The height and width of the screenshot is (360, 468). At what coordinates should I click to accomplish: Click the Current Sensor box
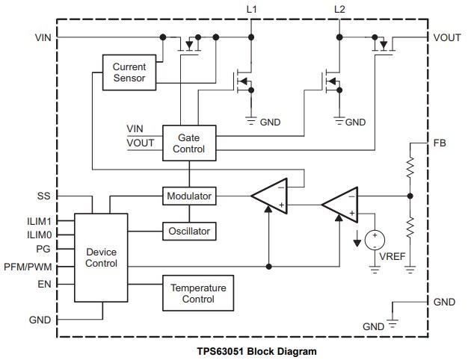pos(129,72)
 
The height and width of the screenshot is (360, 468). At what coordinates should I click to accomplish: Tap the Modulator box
pos(188,196)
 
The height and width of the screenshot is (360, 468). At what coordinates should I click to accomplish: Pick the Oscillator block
pos(188,231)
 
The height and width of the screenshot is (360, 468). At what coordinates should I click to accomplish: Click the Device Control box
pos(102,258)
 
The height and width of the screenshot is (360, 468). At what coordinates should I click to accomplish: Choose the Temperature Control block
pos(198,294)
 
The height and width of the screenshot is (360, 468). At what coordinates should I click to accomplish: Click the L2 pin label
pos(339,8)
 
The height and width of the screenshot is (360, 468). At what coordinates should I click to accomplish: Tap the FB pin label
pos(439,142)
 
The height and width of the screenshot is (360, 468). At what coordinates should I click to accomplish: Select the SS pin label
pos(43,196)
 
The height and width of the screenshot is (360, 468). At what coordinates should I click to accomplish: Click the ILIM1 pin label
pos(37,220)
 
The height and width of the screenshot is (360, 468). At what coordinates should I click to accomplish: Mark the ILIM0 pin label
pos(37,234)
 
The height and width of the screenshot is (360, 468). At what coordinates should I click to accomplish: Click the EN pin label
pos(43,283)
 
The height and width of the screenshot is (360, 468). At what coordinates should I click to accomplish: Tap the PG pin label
pos(43,247)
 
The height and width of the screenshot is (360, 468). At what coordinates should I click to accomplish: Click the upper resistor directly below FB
pos(410,167)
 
